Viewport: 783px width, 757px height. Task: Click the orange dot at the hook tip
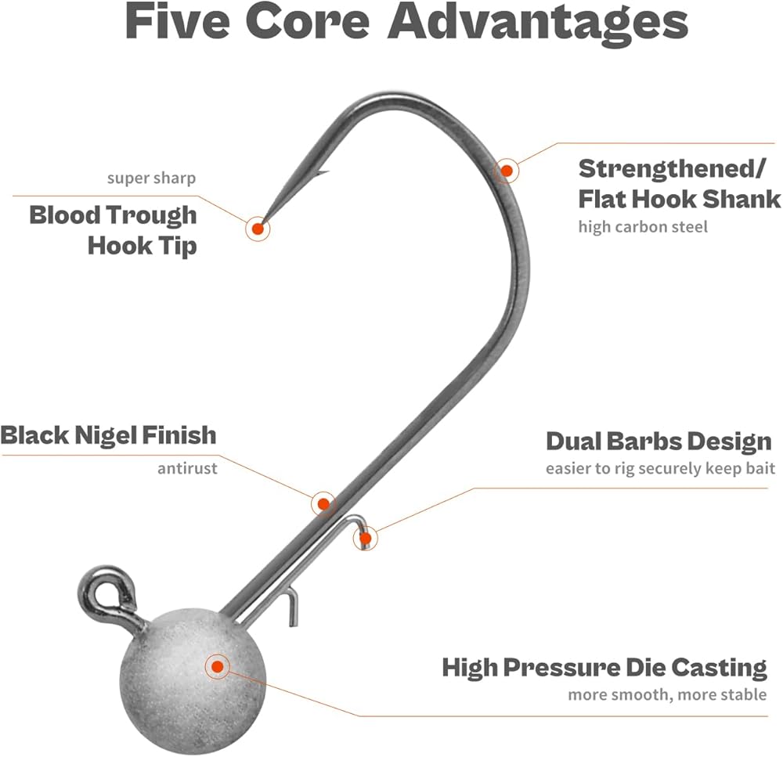[258, 229]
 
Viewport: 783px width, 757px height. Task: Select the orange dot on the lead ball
[217, 667]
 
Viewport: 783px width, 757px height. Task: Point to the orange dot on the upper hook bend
[507, 170]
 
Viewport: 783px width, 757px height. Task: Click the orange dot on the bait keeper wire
[366, 538]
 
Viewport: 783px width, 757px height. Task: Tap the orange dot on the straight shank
[323, 503]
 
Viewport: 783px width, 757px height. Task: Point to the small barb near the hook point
[322, 173]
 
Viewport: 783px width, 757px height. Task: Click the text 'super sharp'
[151, 178]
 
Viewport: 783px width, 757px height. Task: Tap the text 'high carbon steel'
[643, 227]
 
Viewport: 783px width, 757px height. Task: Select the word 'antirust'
[187, 469]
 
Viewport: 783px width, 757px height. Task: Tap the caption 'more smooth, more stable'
[667, 694]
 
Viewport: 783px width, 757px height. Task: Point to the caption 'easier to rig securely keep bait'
[660, 469]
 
